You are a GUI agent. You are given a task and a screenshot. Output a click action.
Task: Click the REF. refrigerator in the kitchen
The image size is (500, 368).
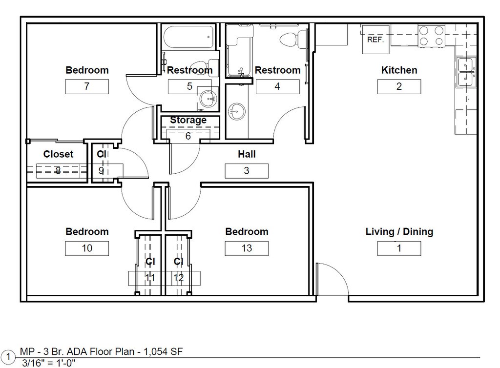[x=375, y=40]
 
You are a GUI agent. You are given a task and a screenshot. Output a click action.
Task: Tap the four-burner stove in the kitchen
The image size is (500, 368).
[x=431, y=36]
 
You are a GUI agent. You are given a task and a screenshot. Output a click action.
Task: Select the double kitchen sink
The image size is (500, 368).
[x=466, y=72]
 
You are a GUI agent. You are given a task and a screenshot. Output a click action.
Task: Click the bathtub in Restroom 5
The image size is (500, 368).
[x=188, y=37]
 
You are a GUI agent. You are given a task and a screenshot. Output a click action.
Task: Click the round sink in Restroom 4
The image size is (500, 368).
[x=236, y=111]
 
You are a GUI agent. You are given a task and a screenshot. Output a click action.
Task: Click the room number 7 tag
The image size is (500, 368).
[x=87, y=86]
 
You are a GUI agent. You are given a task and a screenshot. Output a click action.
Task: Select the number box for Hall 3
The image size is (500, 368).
[x=247, y=171]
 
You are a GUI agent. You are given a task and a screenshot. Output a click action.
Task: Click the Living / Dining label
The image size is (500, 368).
[x=399, y=232]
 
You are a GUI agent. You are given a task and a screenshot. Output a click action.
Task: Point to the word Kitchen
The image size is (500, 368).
[x=399, y=70]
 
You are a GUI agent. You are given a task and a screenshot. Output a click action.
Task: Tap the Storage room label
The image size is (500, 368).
[x=188, y=120]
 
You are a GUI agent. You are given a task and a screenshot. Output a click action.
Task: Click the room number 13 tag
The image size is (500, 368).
[x=247, y=248]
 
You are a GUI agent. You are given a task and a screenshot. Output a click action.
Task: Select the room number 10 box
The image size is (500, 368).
[x=87, y=248]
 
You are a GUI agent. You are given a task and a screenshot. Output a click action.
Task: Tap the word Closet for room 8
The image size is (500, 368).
[x=59, y=154]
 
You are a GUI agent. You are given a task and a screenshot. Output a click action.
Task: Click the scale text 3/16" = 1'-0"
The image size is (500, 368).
[x=48, y=363]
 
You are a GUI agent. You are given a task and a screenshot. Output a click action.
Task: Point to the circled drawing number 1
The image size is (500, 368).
[x=8, y=357]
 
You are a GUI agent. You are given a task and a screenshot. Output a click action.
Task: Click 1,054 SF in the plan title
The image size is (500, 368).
[x=163, y=352]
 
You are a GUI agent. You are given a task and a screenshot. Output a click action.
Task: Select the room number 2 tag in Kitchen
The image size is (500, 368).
[x=399, y=86]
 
